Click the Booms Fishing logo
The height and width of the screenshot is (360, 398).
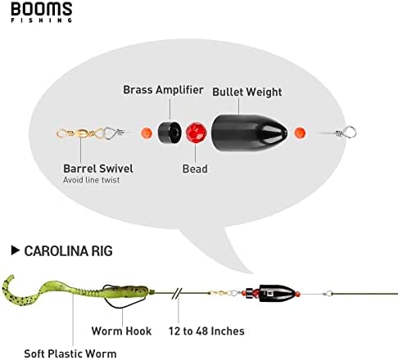pos(42,12)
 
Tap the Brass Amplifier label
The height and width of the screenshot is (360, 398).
pos(163,90)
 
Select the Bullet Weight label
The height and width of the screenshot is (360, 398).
pos(247,92)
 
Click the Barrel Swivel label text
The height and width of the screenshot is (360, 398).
pos(98,169)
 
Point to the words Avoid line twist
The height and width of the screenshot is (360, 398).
pos(92,180)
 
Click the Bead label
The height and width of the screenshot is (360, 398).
pos(195,169)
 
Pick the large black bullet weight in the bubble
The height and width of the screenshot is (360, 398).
pos(250,133)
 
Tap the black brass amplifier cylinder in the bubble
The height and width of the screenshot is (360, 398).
pos(170,133)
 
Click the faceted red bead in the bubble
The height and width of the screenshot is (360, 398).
pos(197,133)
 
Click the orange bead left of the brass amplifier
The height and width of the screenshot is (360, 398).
pos(147,133)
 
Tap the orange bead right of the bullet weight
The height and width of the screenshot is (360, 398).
pos(300,133)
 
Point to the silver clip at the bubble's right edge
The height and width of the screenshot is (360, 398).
pos(346,132)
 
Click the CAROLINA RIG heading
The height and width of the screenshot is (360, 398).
pos(68,251)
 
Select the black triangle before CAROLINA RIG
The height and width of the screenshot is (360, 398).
pos(16,250)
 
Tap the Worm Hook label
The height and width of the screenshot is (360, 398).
pos(121,331)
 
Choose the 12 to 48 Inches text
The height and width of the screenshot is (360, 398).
pos(206,331)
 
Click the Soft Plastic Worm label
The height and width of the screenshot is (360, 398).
pos(70,353)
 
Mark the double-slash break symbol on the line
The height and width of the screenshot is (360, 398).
pos(177,294)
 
